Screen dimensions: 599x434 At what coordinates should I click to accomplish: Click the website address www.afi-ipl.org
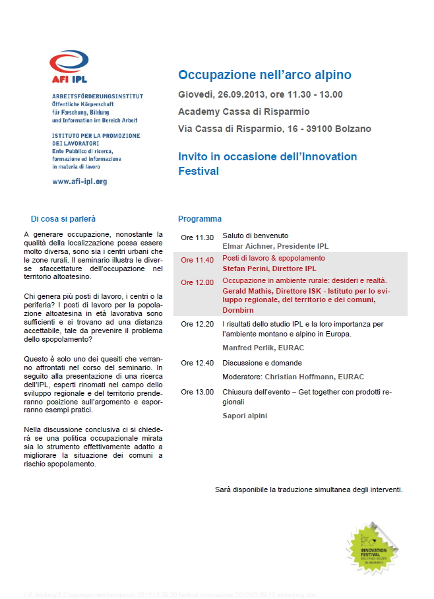pyautogui.click(x=79, y=181)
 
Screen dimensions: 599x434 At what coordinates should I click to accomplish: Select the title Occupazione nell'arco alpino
pyautogui.click(x=264, y=75)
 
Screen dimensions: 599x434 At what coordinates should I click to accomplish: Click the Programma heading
pyautogui.click(x=200, y=219)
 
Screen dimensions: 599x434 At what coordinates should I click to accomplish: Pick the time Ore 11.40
pyautogui.click(x=197, y=260)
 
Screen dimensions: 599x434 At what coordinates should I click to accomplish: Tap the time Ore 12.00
pyautogui.click(x=197, y=282)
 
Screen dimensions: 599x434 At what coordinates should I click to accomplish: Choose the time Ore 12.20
pyautogui.click(x=197, y=325)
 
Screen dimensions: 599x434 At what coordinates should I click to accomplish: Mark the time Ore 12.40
pyautogui.click(x=197, y=363)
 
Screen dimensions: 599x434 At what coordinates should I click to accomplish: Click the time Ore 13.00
pyautogui.click(x=197, y=392)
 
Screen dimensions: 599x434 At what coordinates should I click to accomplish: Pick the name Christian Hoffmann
pyautogui.click(x=297, y=377)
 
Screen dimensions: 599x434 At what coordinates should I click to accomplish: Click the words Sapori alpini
pyautogui.click(x=245, y=416)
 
